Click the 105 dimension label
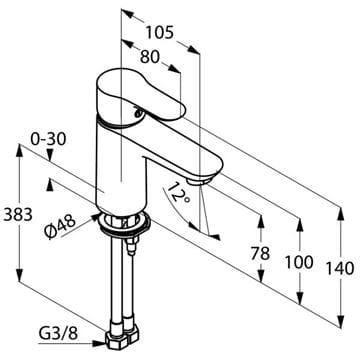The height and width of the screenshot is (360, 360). coord(160,33)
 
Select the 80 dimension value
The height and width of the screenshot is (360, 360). coord(150,57)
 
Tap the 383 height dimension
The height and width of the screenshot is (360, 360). coord(18,214)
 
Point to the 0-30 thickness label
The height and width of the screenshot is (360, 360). coord(48,139)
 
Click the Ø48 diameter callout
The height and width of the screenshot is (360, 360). coord(60,227)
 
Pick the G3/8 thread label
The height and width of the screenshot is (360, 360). coord(58,333)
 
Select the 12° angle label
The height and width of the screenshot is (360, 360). coord(178,194)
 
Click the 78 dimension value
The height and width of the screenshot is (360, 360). coord(260,254)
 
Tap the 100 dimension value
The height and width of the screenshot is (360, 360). coord(299,262)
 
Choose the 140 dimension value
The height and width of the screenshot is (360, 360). coord(340,269)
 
